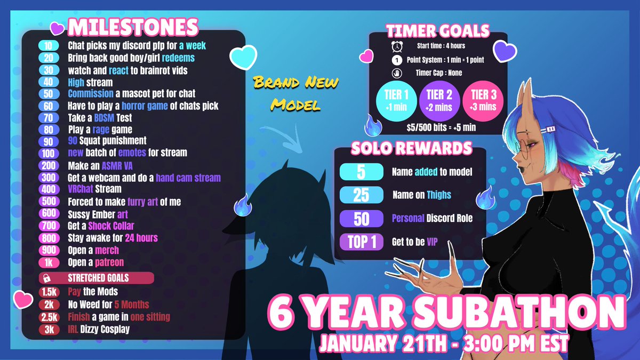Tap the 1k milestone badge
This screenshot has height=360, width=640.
(49, 262)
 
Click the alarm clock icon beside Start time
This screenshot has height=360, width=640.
(397, 46)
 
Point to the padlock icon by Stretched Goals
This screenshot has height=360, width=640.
(47, 278)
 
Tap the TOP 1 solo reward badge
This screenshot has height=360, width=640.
(362, 243)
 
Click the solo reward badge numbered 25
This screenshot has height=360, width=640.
(362, 195)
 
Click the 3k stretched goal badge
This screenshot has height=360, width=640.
(49, 329)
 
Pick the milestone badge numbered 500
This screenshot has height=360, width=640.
(49, 202)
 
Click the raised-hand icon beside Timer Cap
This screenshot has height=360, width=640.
(397, 73)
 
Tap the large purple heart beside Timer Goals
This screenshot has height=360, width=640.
(505, 51)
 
